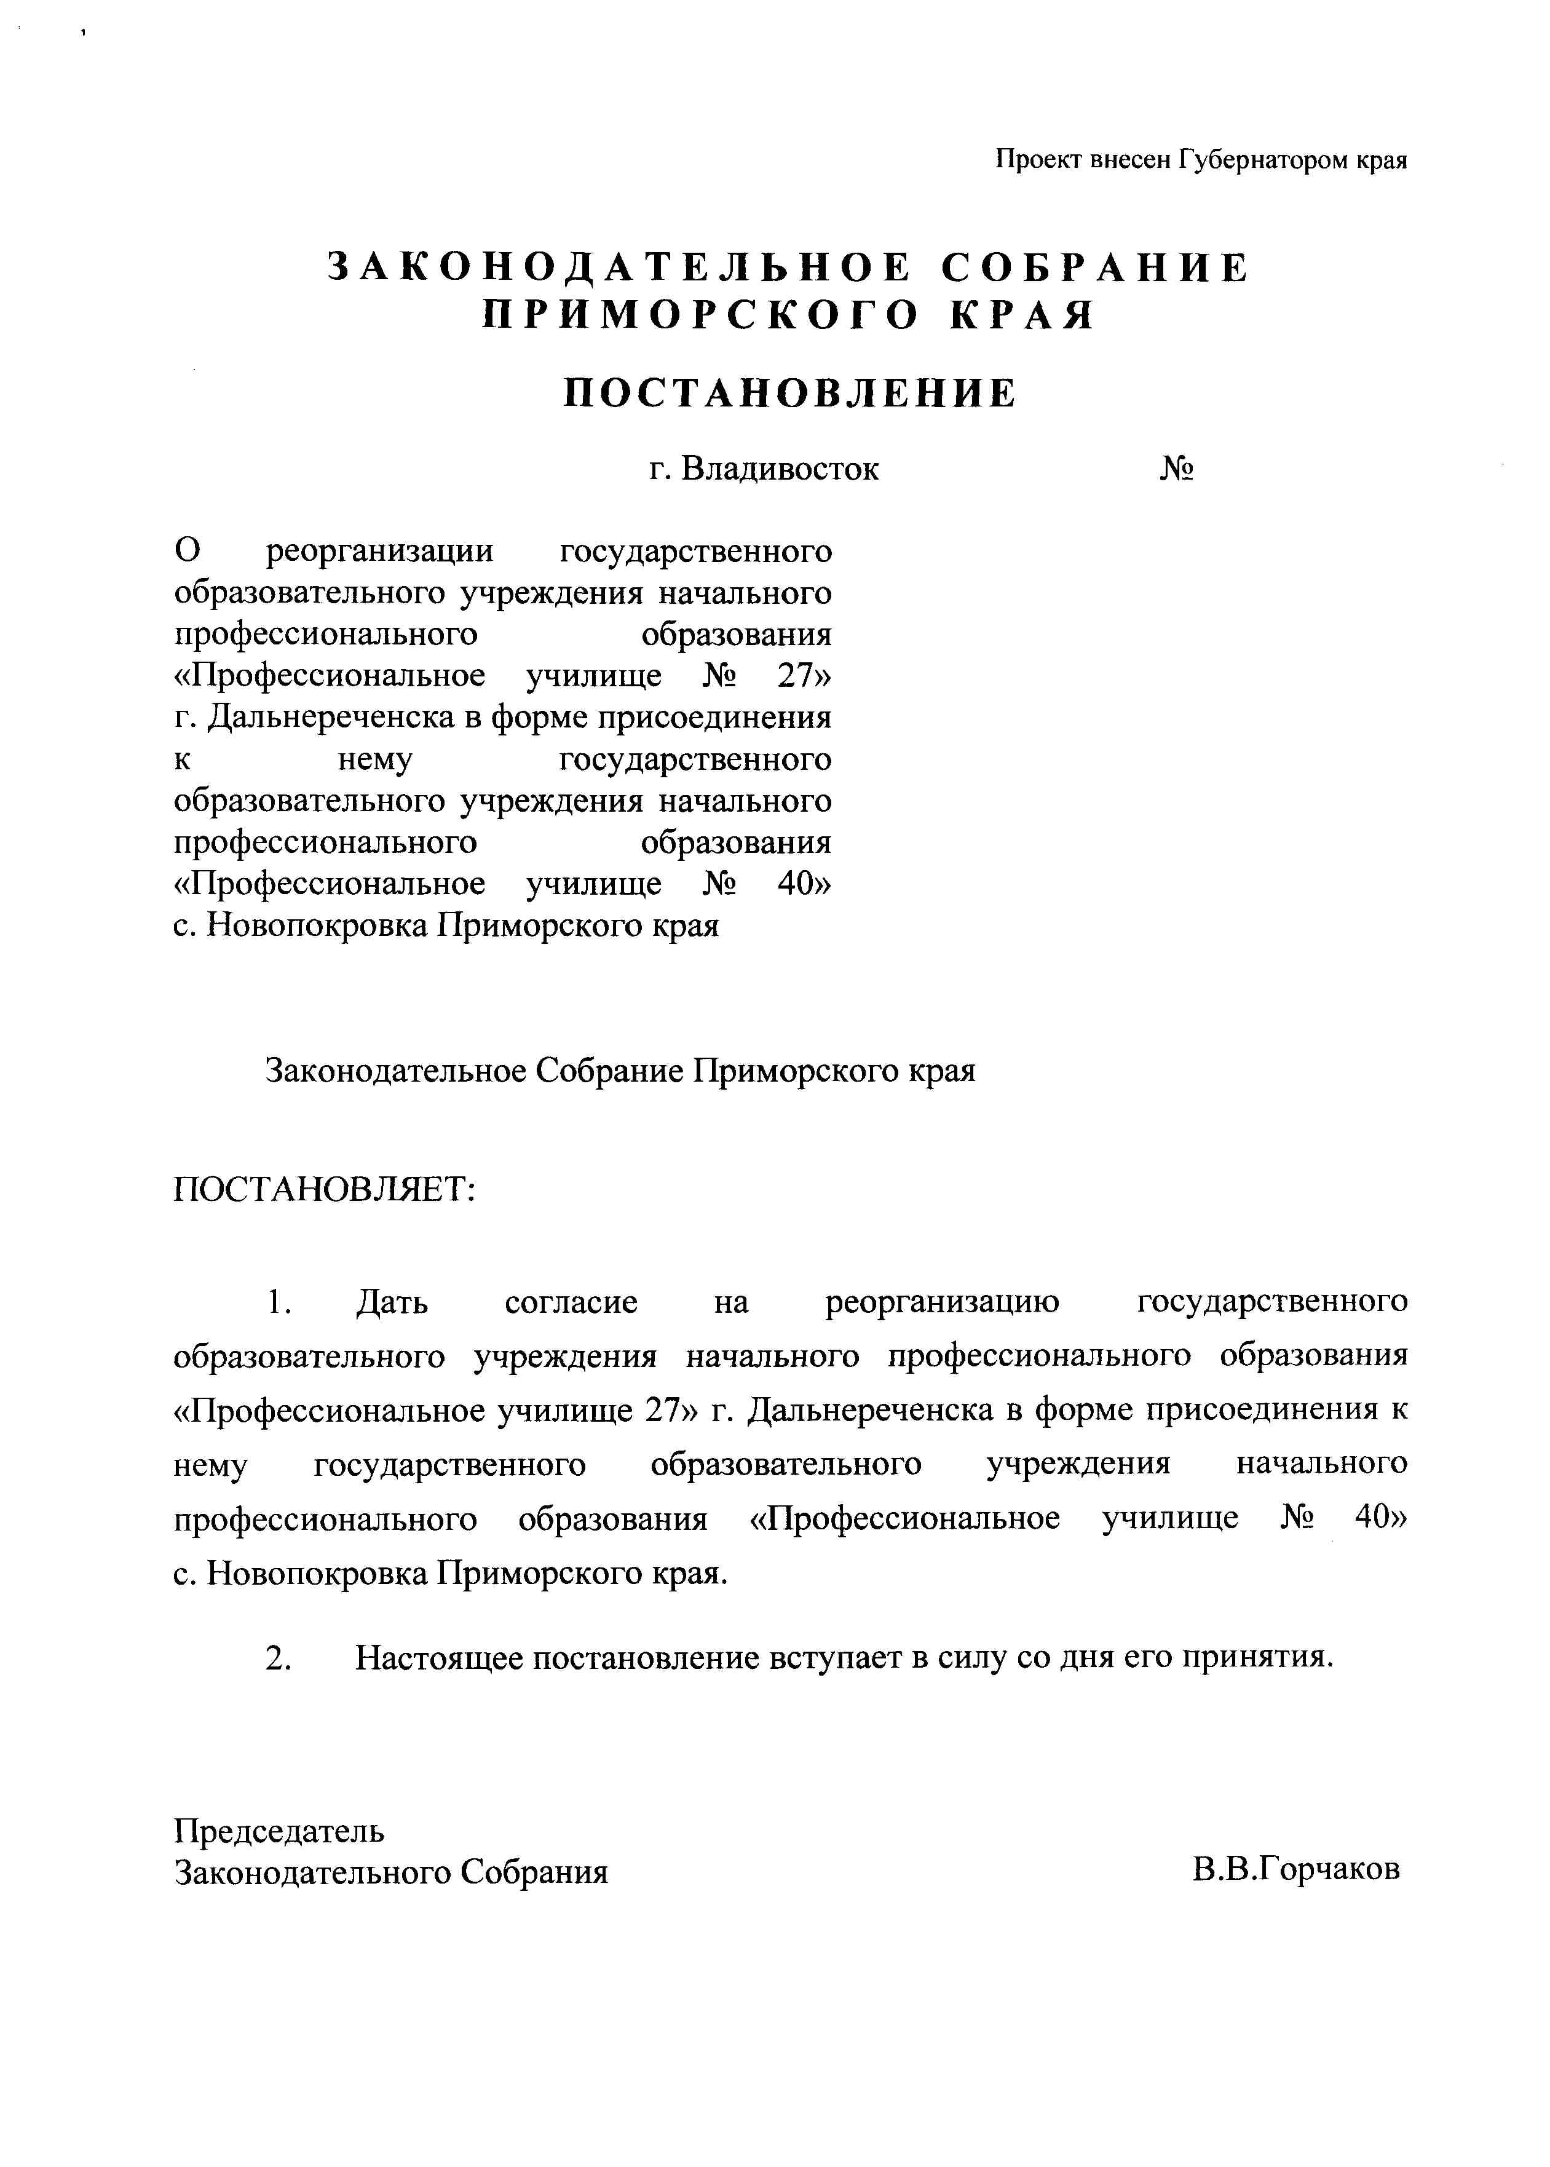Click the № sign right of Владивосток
[1178, 470]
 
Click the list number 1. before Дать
[278, 1303]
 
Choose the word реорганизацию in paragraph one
[942, 1303]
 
